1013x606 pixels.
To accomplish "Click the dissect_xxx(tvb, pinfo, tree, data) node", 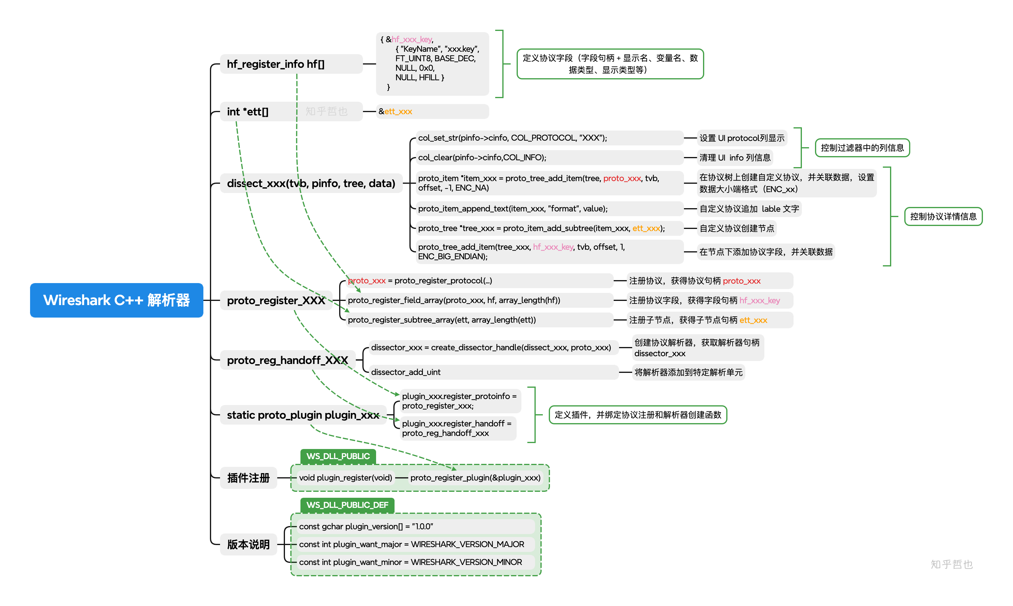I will (x=311, y=183).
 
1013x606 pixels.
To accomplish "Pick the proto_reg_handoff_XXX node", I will (x=287, y=360).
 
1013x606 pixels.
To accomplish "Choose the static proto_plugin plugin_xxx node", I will (x=303, y=415).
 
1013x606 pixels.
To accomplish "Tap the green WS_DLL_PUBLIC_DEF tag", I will (x=347, y=505).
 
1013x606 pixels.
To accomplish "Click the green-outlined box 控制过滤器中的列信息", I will (x=862, y=148).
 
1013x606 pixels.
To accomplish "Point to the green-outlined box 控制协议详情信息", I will (x=943, y=216).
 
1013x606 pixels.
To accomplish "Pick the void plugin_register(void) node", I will (x=345, y=478).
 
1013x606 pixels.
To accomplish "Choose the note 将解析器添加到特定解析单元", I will (x=688, y=372).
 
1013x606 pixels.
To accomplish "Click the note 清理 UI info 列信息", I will (x=735, y=158).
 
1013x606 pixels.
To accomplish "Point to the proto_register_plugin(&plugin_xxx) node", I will (x=475, y=478).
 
